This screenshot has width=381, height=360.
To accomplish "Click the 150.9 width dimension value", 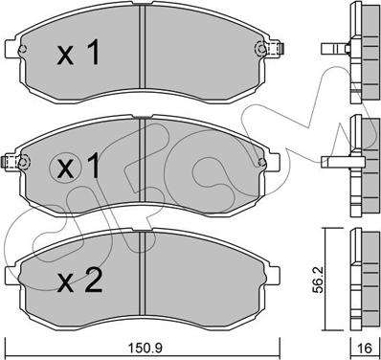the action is pyautogui.click(x=146, y=348).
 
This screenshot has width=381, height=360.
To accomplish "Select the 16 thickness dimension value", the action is pyautogui.click(x=365, y=348).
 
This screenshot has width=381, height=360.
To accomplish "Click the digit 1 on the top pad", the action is pyautogui.click(x=93, y=53).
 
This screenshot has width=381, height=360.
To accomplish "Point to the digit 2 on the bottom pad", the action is pyautogui.click(x=93, y=281).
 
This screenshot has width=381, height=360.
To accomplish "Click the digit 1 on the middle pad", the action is pyautogui.click(x=93, y=165).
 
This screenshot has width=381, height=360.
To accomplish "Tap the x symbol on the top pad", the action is pyautogui.click(x=66, y=56).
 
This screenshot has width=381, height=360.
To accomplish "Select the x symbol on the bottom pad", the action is pyautogui.click(x=66, y=284).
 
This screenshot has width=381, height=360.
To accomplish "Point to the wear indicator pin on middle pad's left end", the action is pyautogui.click(x=9, y=162).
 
